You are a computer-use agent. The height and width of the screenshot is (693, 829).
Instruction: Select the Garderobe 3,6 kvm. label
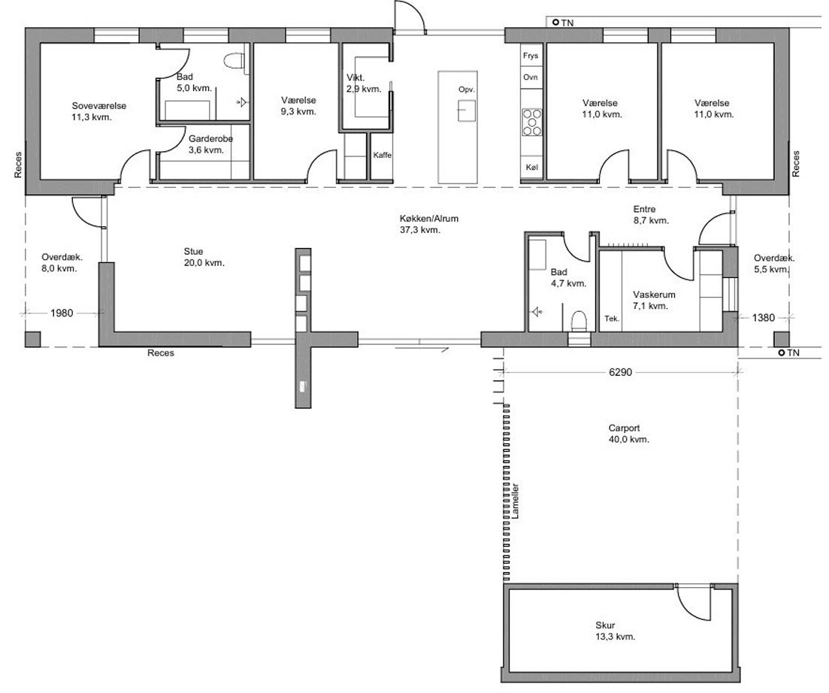tap(210, 144)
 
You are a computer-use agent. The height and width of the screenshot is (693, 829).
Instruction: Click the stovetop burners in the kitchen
tap(532, 122)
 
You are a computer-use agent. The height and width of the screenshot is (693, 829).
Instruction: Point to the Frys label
tap(531, 56)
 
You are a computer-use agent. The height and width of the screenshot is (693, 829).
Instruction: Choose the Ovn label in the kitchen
tap(531, 77)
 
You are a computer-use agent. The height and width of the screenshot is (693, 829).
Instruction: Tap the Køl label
tap(531, 167)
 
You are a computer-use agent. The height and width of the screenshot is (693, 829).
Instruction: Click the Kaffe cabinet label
tap(383, 155)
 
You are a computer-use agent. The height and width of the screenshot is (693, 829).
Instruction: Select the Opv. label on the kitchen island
tap(466, 90)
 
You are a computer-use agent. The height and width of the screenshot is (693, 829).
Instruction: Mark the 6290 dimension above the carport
tap(620, 372)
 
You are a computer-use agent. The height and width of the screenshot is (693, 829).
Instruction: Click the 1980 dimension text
tap(62, 313)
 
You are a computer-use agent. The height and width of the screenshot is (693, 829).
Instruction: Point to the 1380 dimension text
tap(763, 318)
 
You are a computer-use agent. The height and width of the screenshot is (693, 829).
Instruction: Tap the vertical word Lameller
tap(516, 501)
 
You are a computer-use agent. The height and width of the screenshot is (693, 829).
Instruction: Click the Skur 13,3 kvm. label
tap(616, 631)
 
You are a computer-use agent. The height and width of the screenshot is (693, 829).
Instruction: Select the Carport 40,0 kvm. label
tap(628, 434)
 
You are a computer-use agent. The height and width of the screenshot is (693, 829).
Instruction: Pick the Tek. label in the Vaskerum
tap(612, 319)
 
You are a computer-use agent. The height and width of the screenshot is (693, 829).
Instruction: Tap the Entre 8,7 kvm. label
tap(651, 215)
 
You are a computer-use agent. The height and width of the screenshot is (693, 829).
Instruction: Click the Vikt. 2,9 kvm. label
tap(364, 83)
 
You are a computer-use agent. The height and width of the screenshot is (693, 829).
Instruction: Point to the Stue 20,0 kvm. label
tap(204, 257)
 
